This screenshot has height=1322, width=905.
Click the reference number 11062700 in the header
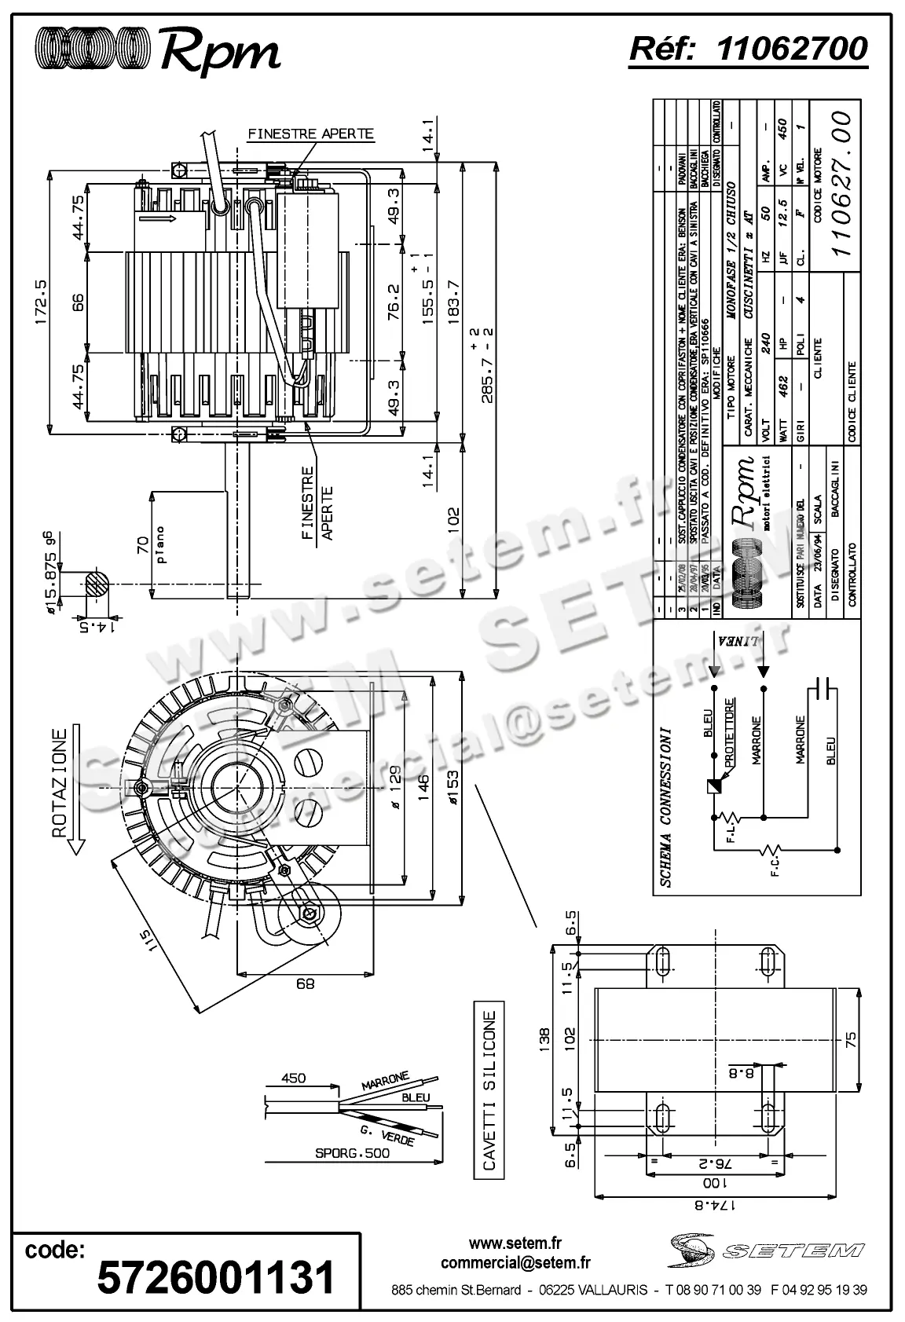click(x=793, y=49)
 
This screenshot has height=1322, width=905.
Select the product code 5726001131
click(x=215, y=1276)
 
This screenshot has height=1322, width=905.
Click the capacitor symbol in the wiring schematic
click(x=823, y=687)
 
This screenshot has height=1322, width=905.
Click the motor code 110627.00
click(x=841, y=182)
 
